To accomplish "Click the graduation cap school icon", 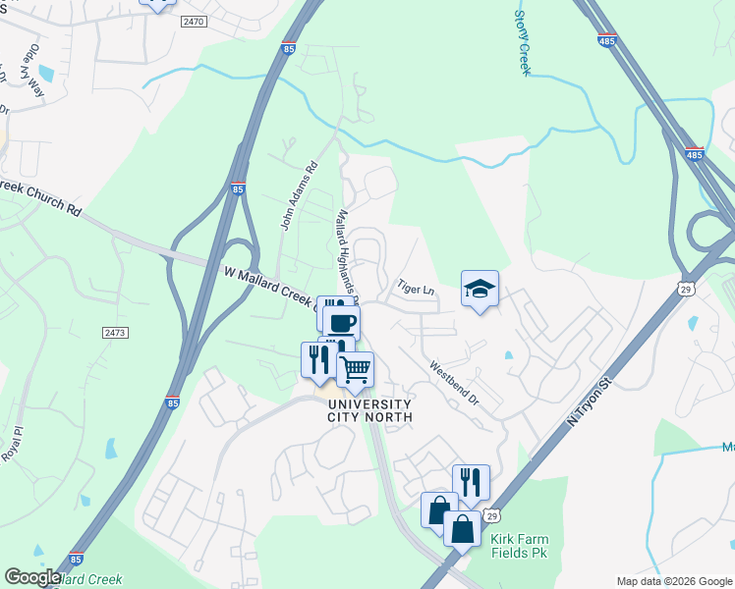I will click(480, 289).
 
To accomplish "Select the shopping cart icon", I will click(356, 369).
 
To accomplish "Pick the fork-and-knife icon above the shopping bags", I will click(471, 481).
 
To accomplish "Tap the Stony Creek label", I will click(522, 41).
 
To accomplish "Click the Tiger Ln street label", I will click(415, 289).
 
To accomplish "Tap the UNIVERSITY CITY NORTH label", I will click(369, 410).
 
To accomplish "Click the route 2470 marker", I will click(195, 21).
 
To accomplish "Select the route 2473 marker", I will click(115, 333).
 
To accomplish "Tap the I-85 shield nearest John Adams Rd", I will click(238, 190).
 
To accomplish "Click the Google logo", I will click(32, 577).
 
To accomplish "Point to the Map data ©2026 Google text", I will click(673, 581).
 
